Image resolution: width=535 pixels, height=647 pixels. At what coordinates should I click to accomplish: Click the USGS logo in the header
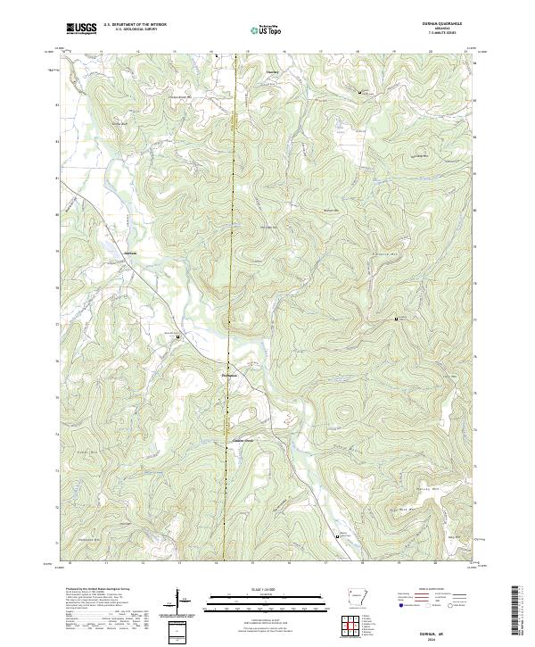[x=81, y=29]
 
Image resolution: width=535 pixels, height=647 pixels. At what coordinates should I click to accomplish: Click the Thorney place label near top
[x=273, y=72]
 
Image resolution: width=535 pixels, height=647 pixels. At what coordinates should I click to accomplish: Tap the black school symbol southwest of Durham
[x=177, y=336]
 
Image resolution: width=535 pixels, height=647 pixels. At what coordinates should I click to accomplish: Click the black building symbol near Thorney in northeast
[x=360, y=93]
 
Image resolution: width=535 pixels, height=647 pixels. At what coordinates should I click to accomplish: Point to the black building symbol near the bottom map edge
[x=337, y=536]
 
